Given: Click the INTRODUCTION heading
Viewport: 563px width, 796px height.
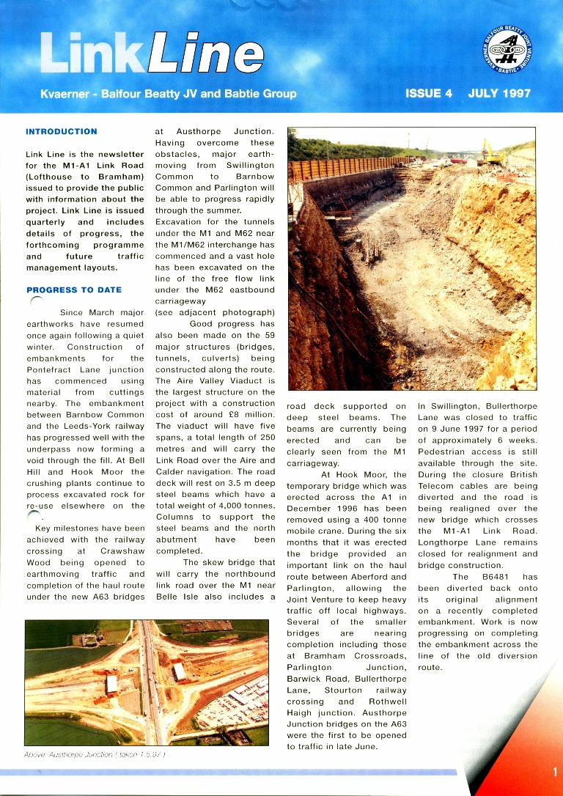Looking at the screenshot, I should point(61,132).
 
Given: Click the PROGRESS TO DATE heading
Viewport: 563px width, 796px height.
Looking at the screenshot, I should point(73,290).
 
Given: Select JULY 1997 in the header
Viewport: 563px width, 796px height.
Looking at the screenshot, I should point(499,94).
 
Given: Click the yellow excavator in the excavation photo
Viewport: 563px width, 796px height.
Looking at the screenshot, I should point(493,156).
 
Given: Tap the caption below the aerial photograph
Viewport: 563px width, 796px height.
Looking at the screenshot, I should point(94,755).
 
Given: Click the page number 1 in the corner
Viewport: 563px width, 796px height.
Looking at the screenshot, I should point(555,771).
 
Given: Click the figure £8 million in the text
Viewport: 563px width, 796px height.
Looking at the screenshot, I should point(251,415).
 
